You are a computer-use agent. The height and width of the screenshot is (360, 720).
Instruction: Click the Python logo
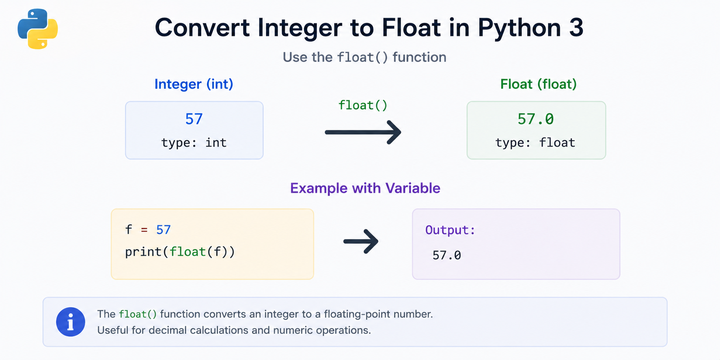click(x=38, y=29)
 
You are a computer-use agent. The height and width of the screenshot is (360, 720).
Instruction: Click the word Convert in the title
click(x=202, y=28)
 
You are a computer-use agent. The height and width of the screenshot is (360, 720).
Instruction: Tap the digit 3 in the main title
click(x=576, y=28)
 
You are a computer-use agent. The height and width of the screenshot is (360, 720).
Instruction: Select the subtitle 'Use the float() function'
click(x=364, y=57)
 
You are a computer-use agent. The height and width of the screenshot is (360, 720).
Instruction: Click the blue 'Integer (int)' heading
click(x=194, y=84)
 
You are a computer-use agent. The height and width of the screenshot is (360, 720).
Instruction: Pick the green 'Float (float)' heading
click(x=538, y=84)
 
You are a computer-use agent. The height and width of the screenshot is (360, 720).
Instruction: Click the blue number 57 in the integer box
click(x=194, y=119)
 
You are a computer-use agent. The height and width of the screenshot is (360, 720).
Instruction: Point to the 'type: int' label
click(x=194, y=143)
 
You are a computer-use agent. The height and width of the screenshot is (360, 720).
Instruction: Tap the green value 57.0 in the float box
click(x=536, y=119)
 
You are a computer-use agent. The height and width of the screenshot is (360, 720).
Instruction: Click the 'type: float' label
click(x=535, y=143)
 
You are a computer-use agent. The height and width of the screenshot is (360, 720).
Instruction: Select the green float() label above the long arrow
click(x=363, y=106)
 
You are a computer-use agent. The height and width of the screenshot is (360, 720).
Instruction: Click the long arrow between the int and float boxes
click(x=363, y=132)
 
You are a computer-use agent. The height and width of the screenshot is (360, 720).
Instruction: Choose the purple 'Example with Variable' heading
click(x=365, y=188)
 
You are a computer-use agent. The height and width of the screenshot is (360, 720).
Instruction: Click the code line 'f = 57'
click(x=148, y=230)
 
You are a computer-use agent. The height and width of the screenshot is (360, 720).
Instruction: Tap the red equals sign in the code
click(x=144, y=230)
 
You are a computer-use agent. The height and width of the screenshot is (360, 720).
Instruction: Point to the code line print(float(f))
click(x=180, y=252)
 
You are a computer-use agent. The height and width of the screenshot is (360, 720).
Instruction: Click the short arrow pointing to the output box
click(x=361, y=241)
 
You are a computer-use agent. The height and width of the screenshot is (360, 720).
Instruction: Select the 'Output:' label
click(x=450, y=230)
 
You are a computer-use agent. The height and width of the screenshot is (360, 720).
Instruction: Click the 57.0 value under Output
click(x=447, y=255)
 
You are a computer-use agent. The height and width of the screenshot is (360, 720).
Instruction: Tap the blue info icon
click(x=71, y=322)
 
